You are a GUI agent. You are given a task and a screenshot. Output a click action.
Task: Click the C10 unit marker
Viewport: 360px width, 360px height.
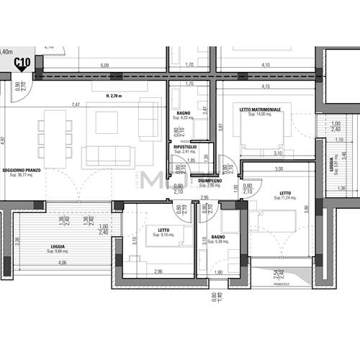click(x=22, y=64)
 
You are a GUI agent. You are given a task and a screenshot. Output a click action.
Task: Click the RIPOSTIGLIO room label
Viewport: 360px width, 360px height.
click(x=185, y=147)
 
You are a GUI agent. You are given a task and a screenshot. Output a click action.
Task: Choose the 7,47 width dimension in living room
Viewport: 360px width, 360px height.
click(x=76, y=104)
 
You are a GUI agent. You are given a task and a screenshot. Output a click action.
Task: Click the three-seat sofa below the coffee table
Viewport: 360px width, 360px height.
click(x=108, y=155)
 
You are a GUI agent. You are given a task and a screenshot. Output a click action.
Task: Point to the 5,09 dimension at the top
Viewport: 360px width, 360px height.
click(x=104, y=66)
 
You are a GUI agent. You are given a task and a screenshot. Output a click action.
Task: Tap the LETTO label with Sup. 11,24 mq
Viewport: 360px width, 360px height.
click(x=285, y=193)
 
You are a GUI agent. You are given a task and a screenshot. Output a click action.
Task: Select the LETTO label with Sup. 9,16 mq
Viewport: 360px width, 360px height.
click(x=163, y=231)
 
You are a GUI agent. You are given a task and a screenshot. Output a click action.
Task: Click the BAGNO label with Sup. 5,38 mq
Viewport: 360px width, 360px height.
click(x=217, y=237)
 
